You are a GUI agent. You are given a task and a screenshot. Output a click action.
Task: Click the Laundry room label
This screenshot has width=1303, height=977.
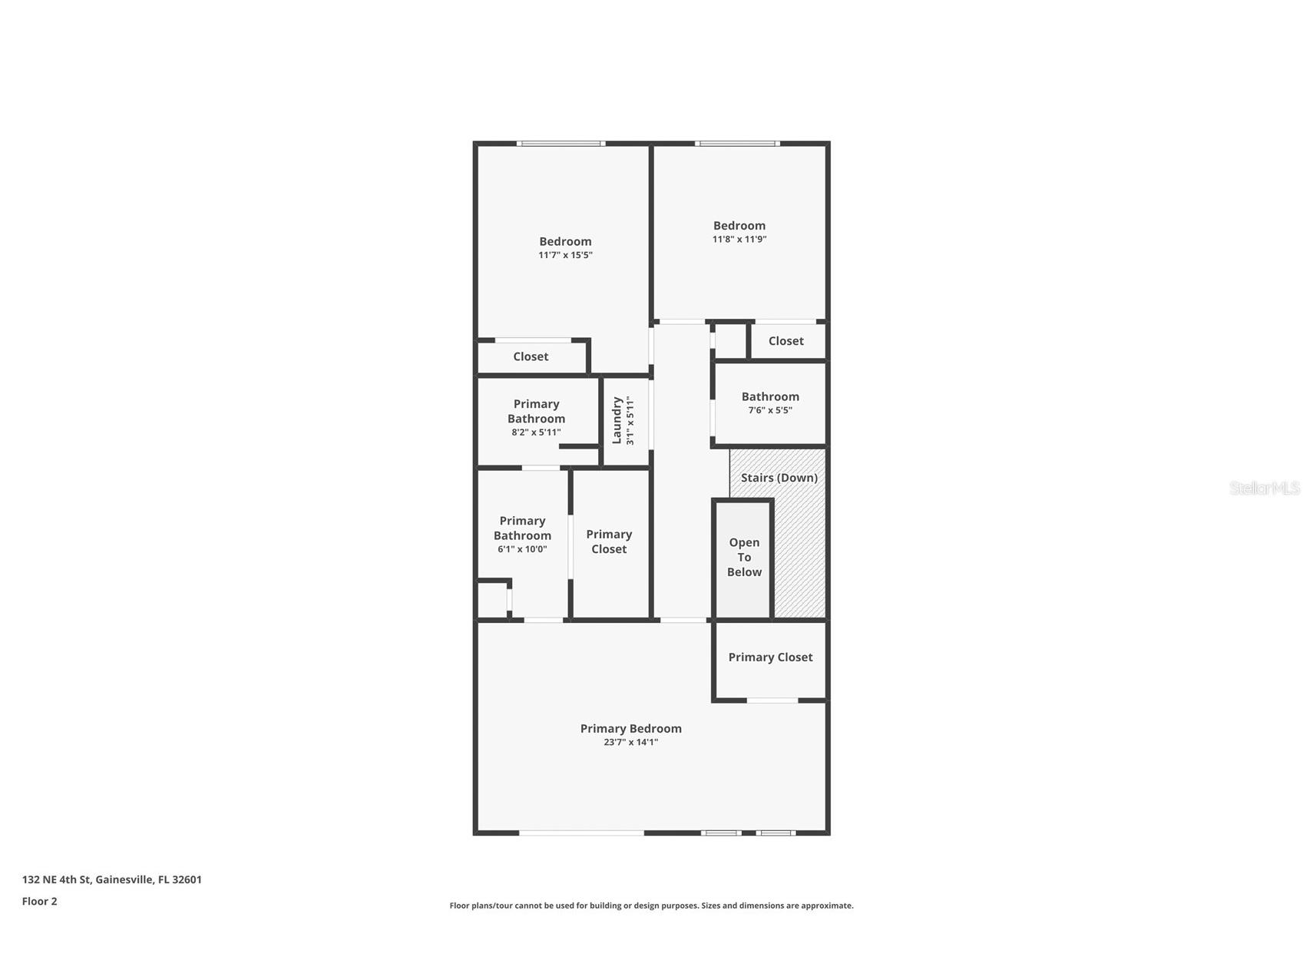point(617,420)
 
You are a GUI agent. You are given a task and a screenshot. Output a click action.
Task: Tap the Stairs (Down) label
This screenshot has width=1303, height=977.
point(779,478)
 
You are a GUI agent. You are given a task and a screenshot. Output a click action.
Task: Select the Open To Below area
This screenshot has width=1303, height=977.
point(744,558)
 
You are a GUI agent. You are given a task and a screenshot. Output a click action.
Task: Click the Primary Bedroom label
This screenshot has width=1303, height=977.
point(630,728)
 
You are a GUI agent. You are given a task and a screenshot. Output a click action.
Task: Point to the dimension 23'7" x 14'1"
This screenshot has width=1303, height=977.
point(630,742)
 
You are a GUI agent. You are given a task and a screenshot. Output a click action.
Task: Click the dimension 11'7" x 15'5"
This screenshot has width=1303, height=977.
point(565,255)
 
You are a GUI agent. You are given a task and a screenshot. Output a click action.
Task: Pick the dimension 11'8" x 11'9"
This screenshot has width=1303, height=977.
point(739,239)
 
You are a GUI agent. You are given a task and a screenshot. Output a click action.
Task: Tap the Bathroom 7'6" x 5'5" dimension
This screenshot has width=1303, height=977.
point(770,410)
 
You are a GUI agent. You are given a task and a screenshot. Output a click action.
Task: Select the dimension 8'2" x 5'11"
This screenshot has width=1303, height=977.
point(536,432)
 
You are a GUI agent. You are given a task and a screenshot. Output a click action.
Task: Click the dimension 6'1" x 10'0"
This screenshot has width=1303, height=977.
point(522,549)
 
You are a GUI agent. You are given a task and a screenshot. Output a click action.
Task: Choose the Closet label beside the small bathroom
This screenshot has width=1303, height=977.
point(785,341)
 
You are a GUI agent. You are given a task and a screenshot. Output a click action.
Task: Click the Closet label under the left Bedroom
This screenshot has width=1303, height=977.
point(531,356)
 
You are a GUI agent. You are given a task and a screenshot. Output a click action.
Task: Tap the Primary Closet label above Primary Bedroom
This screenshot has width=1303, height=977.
point(770,657)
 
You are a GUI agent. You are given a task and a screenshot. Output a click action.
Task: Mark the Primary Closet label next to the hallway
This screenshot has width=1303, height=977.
point(609,541)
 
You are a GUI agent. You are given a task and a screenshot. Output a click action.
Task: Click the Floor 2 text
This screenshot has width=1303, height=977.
point(39,902)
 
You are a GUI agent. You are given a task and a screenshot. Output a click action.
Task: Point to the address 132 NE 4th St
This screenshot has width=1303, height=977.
point(56,879)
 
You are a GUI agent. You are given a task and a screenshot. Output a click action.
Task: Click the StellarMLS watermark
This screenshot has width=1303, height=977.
point(1264,488)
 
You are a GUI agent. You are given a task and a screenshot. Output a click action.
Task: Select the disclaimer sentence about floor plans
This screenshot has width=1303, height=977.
point(651,906)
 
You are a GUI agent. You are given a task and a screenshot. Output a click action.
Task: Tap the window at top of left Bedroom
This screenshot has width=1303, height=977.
point(560,144)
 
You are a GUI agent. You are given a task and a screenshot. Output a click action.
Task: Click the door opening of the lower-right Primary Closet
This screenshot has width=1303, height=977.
point(772,700)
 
